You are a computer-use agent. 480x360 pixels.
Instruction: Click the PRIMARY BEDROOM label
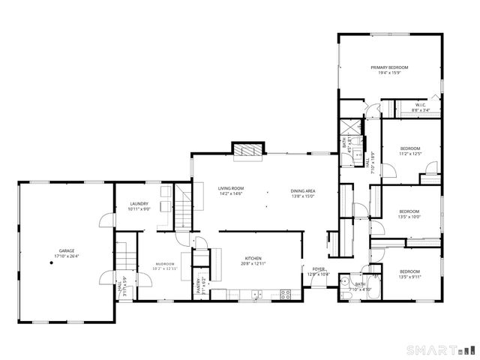pyautogui.click(x=388, y=67)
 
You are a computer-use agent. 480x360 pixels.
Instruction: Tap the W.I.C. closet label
pyautogui.click(x=420, y=105)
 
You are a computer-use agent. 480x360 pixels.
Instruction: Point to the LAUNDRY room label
pyautogui.click(x=139, y=203)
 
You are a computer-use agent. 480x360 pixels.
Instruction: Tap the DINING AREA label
pyautogui.click(x=303, y=190)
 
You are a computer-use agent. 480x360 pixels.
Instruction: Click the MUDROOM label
pyautogui.click(x=165, y=264)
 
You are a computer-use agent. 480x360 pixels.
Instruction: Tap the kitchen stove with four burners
pyautogui.click(x=285, y=294)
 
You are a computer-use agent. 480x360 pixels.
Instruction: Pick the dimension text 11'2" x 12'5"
pyautogui.click(x=410, y=154)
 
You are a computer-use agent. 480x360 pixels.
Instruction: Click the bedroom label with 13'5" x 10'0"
pyautogui.click(x=409, y=211)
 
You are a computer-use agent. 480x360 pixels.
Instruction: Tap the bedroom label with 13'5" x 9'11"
pyautogui.click(x=409, y=271)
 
